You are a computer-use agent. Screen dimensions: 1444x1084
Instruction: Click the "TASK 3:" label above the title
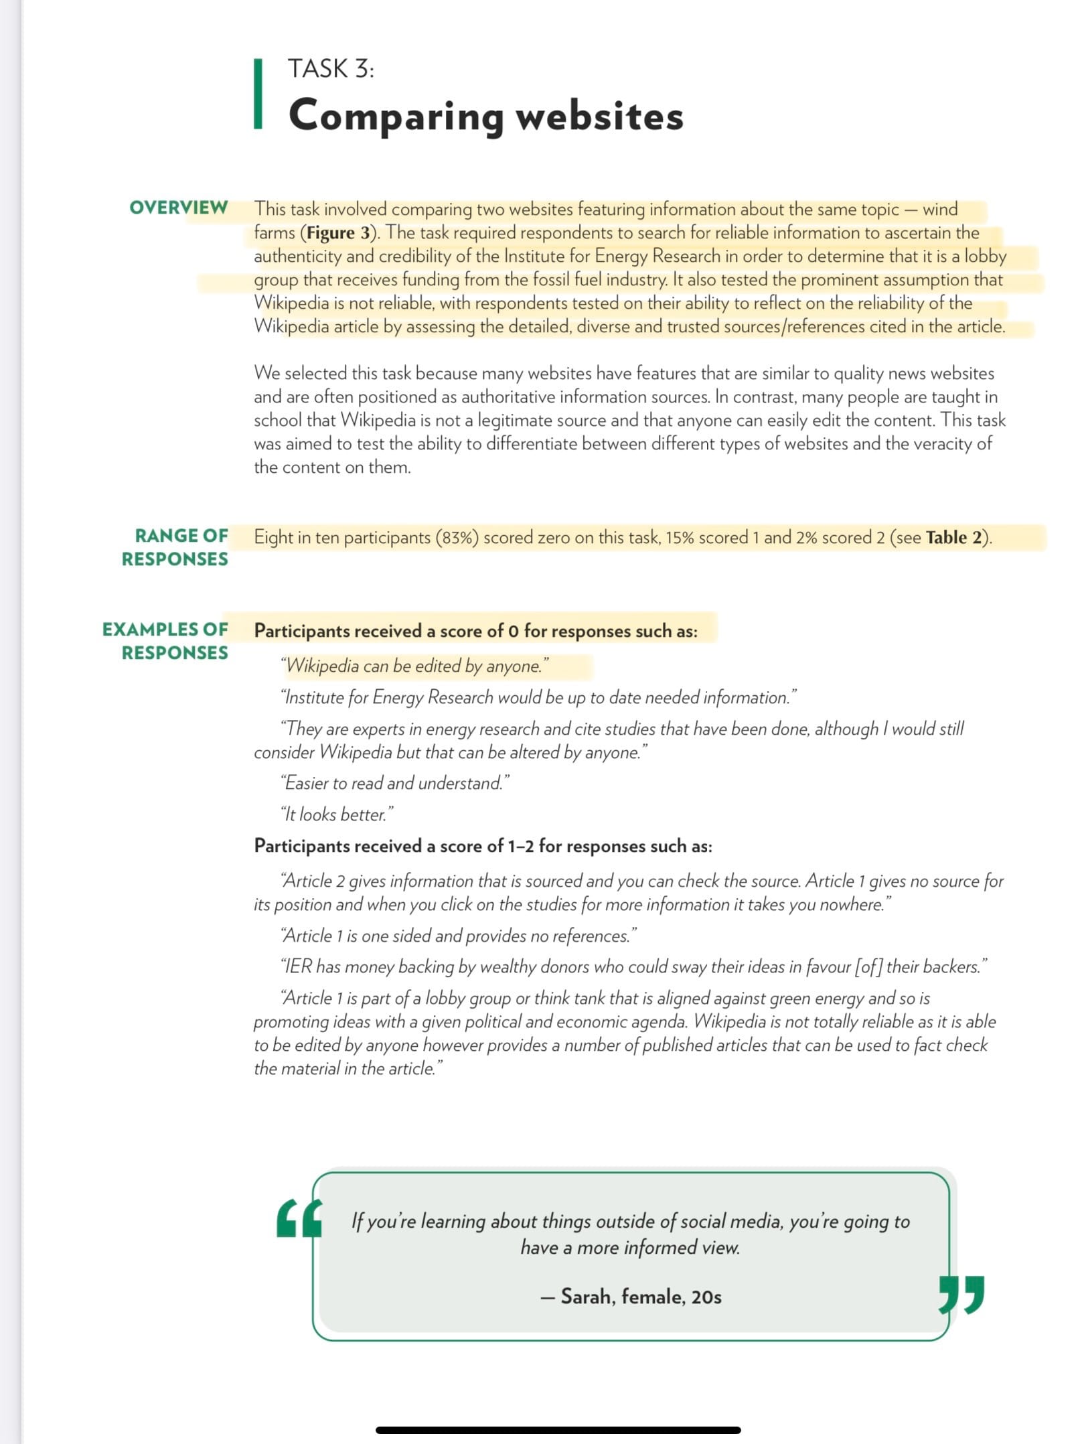(x=331, y=69)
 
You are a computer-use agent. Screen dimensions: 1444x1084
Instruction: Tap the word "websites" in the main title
(x=599, y=116)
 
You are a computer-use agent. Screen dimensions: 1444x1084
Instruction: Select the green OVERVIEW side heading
(x=178, y=208)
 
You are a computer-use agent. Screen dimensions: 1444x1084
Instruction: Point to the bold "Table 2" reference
(x=956, y=538)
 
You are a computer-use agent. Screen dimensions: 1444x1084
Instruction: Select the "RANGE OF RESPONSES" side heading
(x=175, y=547)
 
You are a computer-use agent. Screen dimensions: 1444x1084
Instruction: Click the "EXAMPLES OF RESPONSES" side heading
(x=165, y=641)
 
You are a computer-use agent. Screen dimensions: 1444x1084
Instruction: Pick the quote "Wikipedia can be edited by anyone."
(x=415, y=666)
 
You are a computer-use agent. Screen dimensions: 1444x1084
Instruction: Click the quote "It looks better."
(x=337, y=814)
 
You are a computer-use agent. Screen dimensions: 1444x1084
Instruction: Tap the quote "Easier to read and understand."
(x=395, y=783)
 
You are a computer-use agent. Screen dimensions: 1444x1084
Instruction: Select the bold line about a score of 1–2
(x=483, y=846)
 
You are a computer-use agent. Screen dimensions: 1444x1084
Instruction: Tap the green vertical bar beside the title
(x=258, y=93)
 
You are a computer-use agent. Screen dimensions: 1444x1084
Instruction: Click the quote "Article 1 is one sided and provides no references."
(x=459, y=936)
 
